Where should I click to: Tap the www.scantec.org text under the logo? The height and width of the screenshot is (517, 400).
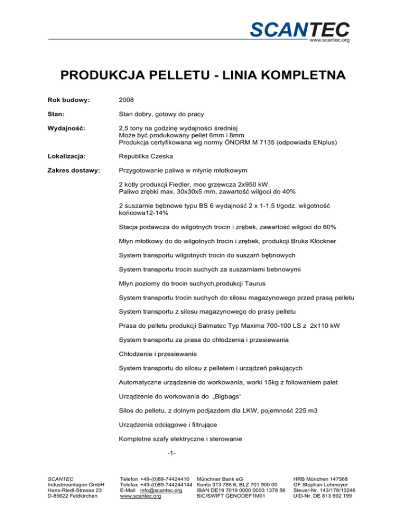point(329,40)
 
